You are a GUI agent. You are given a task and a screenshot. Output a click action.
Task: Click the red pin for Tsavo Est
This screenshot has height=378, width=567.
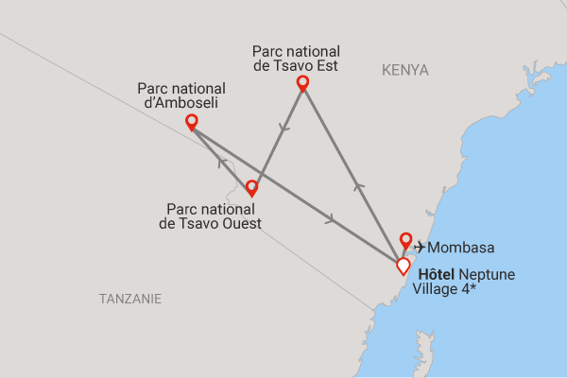click(302, 83)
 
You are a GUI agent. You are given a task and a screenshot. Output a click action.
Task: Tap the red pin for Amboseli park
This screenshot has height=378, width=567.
click(192, 121)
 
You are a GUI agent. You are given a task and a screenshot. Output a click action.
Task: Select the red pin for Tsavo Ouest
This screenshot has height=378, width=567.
click(251, 187)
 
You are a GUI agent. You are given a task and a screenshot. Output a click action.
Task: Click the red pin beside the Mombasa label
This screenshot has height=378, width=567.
click(405, 239)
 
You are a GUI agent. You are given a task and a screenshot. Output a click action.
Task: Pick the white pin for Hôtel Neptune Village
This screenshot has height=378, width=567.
click(404, 265)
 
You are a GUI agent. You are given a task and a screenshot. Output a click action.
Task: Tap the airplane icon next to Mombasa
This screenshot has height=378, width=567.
click(420, 248)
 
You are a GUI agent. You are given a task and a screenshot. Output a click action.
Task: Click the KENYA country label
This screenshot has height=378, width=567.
click(405, 70)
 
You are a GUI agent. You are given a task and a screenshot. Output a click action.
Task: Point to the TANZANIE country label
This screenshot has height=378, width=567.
click(130, 299)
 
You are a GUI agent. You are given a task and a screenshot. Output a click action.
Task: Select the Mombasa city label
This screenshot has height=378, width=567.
click(461, 248)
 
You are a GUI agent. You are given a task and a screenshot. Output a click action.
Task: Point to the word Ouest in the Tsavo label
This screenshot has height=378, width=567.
click(241, 224)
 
